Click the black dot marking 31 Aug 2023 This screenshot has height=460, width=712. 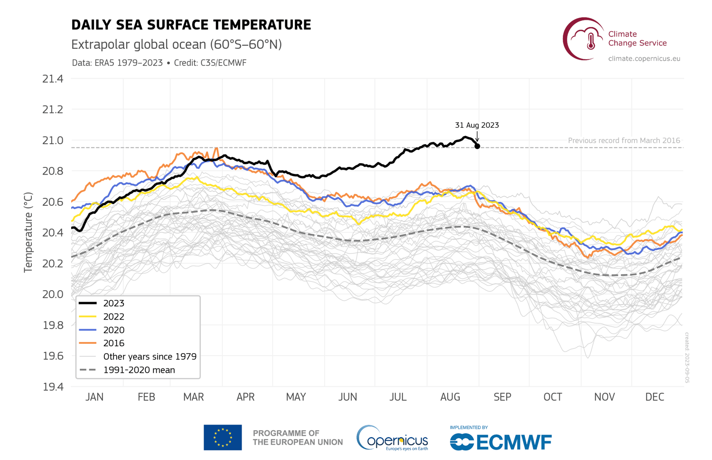pyautogui.click(x=477, y=146)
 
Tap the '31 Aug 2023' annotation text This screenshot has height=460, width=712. pyautogui.click(x=477, y=125)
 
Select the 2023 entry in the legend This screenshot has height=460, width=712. pyautogui.click(x=113, y=304)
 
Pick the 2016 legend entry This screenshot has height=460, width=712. pyautogui.click(x=113, y=343)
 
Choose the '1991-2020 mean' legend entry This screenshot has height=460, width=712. pyautogui.click(x=139, y=370)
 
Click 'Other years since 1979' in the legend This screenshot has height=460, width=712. pyautogui.click(x=150, y=357)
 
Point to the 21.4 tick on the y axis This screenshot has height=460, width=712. pyautogui.click(x=53, y=79)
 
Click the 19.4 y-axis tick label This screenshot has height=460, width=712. pyautogui.click(x=53, y=387)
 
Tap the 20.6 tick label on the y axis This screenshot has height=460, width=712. pyautogui.click(x=53, y=202)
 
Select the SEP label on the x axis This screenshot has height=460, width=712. pyautogui.click(x=502, y=397)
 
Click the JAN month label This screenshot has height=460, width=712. pyautogui.click(x=94, y=397)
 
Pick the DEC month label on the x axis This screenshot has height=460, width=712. pyautogui.click(x=655, y=397)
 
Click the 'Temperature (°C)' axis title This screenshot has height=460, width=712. pyautogui.click(x=28, y=232)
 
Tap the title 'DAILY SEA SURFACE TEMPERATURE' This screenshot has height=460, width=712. pyautogui.click(x=191, y=25)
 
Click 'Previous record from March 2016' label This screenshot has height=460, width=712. pyautogui.click(x=624, y=141)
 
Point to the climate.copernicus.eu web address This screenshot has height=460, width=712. pyautogui.click(x=644, y=59)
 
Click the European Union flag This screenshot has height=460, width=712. pyautogui.click(x=223, y=437)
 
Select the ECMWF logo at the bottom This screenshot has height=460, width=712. pyautogui.click(x=501, y=442)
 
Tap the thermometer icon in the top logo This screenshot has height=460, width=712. pyautogui.click(x=590, y=41)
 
